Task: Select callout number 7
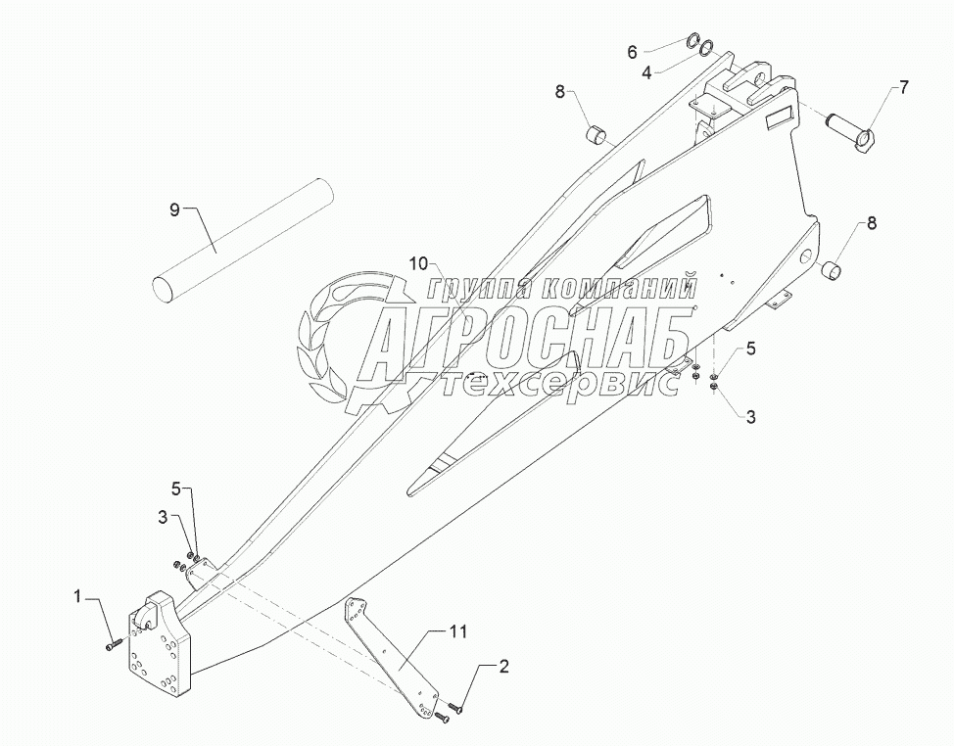(x=903, y=88)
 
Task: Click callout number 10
(x=420, y=264)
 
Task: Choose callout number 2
(x=503, y=669)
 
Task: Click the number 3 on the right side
(x=750, y=417)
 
